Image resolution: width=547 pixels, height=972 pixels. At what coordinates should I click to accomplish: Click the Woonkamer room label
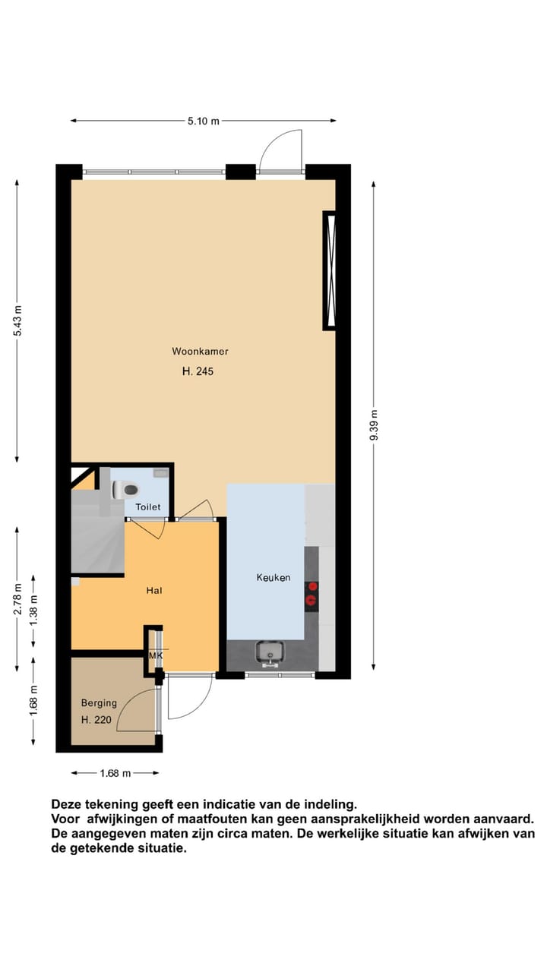[x=200, y=352]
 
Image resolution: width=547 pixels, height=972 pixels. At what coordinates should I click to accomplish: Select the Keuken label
[x=273, y=578]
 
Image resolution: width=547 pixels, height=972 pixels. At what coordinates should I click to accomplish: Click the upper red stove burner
[x=311, y=586]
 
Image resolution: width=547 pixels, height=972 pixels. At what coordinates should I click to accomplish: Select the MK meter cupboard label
[x=155, y=655]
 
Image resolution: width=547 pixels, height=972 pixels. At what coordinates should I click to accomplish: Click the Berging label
[x=99, y=703]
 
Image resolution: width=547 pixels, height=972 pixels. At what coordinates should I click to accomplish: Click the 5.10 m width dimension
[x=204, y=121]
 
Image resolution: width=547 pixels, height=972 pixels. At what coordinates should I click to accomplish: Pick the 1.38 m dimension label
[x=33, y=610]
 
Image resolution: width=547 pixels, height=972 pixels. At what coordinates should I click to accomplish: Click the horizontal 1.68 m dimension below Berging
[x=115, y=773]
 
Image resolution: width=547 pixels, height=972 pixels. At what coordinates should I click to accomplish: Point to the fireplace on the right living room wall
[x=330, y=270]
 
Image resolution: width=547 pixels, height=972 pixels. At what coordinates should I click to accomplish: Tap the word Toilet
[x=148, y=507]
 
